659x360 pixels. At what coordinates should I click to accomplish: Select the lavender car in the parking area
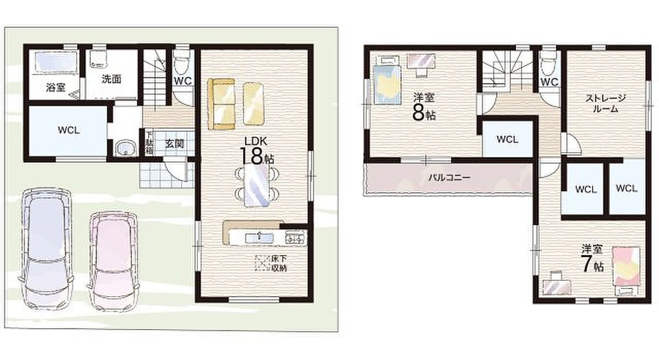pyautogui.click(x=46, y=249)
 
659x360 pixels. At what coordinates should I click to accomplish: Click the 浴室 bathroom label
pyautogui.click(x=55, y=87)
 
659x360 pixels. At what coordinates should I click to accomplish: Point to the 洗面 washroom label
pyautogui.click(x=111, y=79)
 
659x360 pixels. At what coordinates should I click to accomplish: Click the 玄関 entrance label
pyautogui.click(x=174, y=144)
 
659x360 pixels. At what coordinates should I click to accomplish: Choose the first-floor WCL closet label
pyautogui.click(x=69, y=130)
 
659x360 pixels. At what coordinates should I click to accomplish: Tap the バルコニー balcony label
pyautogui.click(x=449, y=177)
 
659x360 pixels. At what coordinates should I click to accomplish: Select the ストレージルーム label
pyautogui.click(x=605, y=103)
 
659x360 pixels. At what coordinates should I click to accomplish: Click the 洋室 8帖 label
pyautogui.click(x=424, y=106)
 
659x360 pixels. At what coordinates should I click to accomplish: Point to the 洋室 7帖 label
pyautogui.click(x=592, y=258)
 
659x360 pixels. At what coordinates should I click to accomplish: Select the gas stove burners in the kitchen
pyautogui.click(x=295, y=238)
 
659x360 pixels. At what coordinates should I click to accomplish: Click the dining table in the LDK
pyautogui.click(x=256, y=185)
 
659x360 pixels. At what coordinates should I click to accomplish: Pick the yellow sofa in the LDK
pyautogui.click(x=221, y=104)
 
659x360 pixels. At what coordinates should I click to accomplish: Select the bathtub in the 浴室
pyautogui.click(x=57, y=63)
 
